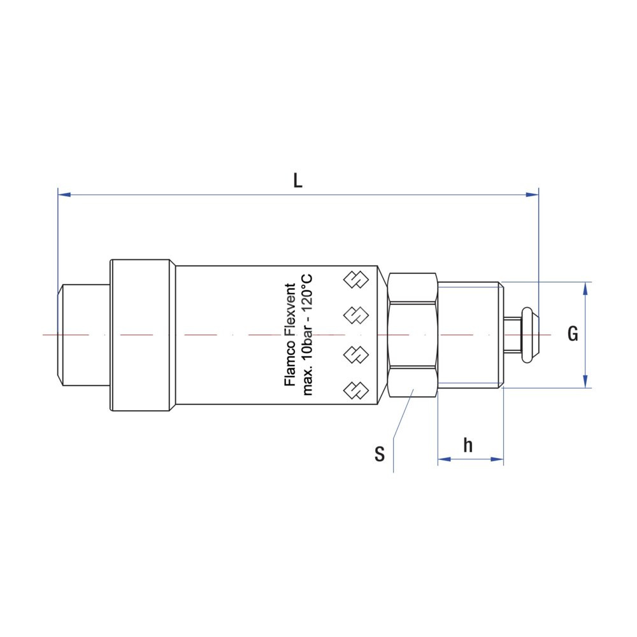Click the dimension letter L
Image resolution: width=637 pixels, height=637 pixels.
[x=297, y=181]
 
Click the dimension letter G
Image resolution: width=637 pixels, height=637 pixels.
[x=573, y=334]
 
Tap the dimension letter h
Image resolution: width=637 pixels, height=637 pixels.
[x=468, y=445]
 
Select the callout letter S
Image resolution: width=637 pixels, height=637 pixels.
[x=380, y=454]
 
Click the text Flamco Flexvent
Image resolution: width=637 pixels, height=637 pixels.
[x=290, y=335]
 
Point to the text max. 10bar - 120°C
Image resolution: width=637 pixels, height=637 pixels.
[x=307, y=335]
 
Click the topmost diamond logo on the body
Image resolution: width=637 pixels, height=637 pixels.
[x=356, y=280]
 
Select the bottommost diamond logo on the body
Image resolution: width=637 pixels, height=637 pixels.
[x=356, y=390]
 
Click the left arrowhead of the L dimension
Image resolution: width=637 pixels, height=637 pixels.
[x=64, y=194]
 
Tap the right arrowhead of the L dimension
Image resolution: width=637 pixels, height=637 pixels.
[x=532, y=194]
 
